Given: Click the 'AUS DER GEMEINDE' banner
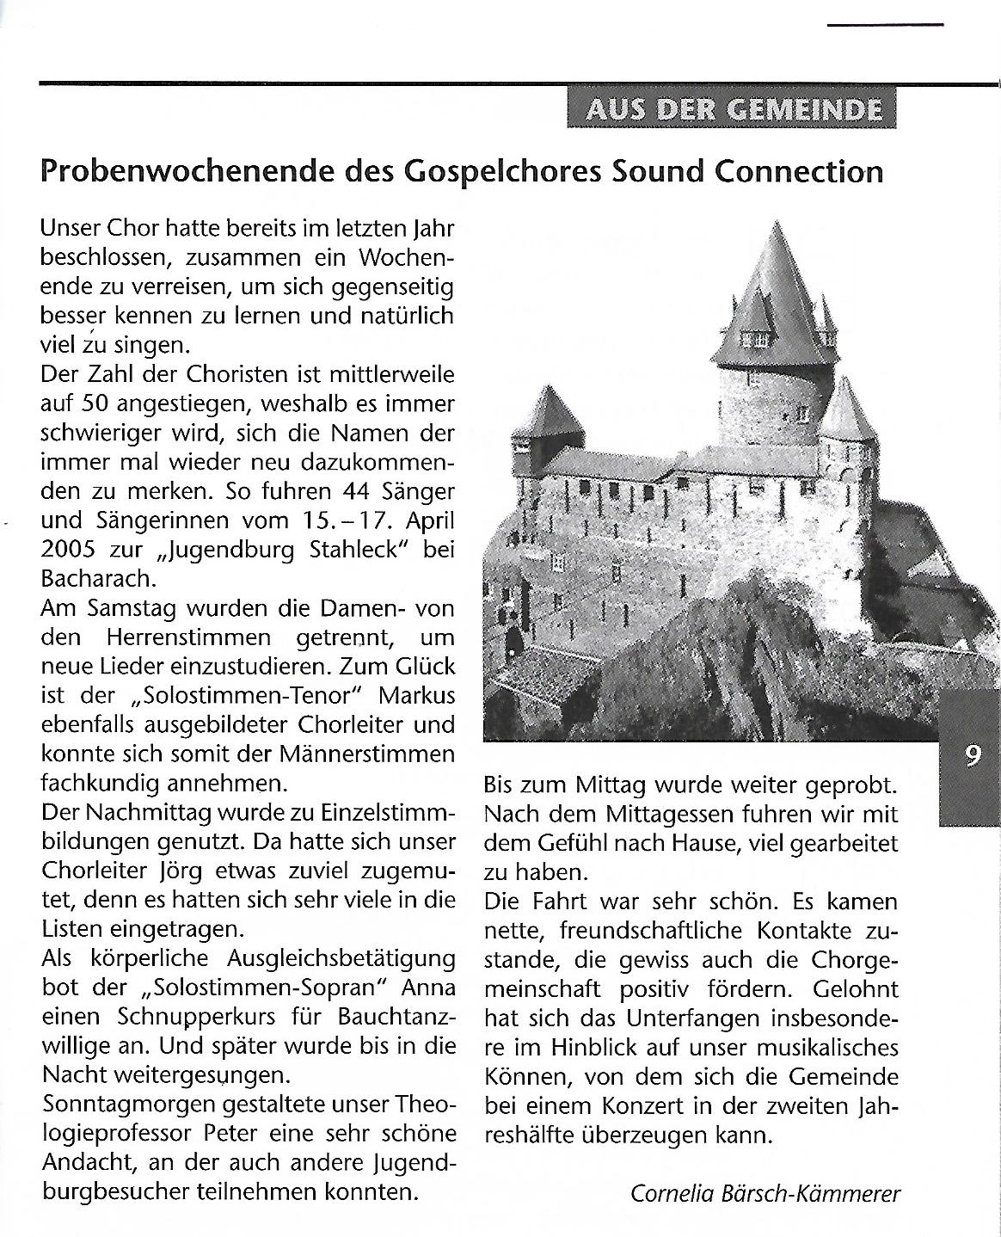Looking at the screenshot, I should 731,109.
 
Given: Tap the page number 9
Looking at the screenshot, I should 973,756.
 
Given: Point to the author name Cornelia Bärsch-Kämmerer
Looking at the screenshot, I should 765,1194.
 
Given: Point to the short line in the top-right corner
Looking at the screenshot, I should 885,24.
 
